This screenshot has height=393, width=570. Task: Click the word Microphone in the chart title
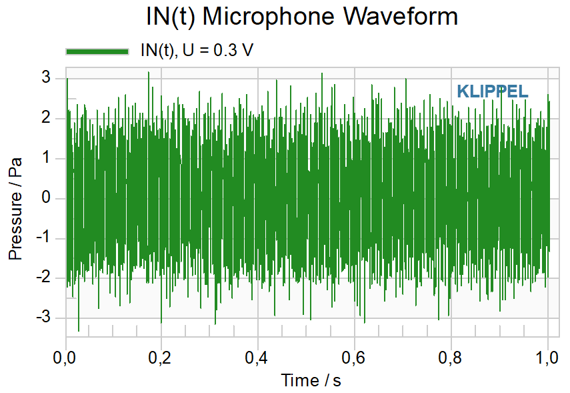[x=268, y=17]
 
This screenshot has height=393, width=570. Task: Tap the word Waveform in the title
[x=401, y=17]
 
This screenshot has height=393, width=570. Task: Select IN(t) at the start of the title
[x=171, y=17]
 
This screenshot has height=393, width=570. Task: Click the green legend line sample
[x=97, y=51]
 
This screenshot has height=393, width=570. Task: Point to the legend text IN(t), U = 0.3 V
[x=197, y=50]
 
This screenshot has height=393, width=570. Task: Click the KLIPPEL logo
[x=492, y=91]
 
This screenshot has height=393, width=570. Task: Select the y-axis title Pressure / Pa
[x=15, y=209]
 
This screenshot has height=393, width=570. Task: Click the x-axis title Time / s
[x=311, y=380]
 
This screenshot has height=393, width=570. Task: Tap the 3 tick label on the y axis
[x=46, y=77]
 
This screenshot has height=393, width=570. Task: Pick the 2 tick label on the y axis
[x=46, y=117]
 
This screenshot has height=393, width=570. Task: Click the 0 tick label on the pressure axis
[x=46, y=198]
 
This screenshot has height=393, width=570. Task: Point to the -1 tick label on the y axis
[x=43, y=238]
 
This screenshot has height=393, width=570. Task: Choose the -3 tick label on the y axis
[x=43, y=317]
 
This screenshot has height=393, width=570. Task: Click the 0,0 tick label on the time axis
[x=64, y=358]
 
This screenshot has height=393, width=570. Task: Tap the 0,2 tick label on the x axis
[x=159, y=358]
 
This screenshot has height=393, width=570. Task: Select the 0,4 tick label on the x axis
[x=256, y=358]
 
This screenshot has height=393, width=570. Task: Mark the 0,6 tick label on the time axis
[x=353, y=358]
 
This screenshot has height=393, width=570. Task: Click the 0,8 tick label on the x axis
[x=450, y=358]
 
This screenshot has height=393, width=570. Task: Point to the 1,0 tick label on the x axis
[x=547, y=358]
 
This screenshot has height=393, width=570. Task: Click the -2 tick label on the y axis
[x=43, y=278]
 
